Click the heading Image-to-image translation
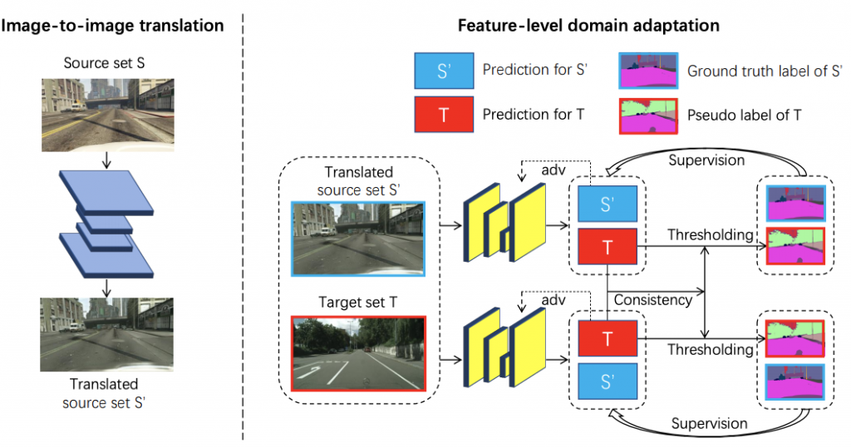click(113, 26)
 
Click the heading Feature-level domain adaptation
click(588, 26)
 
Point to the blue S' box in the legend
click(443, 71)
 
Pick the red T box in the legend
click(443, 115)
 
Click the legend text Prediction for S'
click(535, 71)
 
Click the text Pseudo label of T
click(745, 115)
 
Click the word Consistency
click(652, 300)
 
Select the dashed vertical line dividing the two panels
click(243, 224)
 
